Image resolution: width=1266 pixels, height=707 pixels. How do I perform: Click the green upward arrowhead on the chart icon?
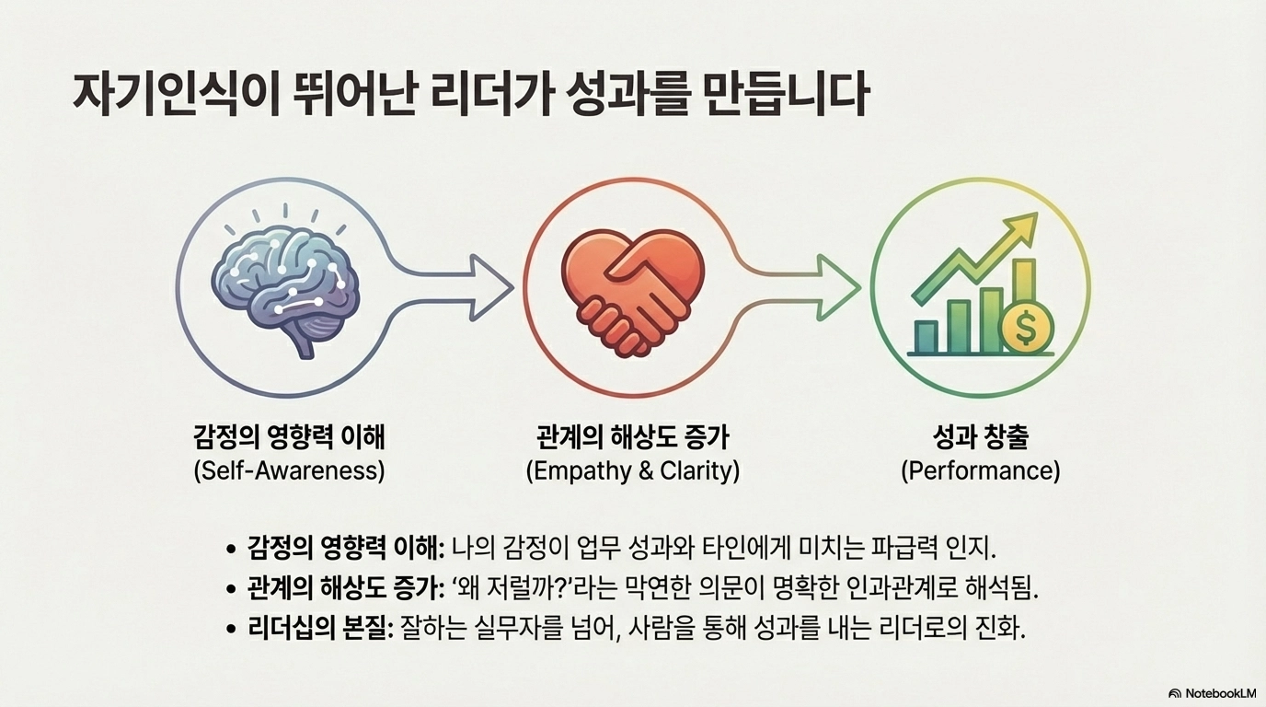(1020, 230)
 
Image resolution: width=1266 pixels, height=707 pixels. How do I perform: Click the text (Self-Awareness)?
(289, 470)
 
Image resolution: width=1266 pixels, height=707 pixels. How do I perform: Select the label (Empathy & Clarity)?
(632, 470)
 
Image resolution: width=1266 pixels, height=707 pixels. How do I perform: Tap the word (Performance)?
(980, 470)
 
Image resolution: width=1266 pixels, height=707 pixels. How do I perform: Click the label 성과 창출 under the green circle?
(980, 437)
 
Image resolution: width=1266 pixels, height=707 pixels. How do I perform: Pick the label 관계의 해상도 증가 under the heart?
(632, 437)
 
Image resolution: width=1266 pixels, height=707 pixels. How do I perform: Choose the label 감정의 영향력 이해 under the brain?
(289, 437)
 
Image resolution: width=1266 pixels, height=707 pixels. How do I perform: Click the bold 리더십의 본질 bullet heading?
(320, 630)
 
